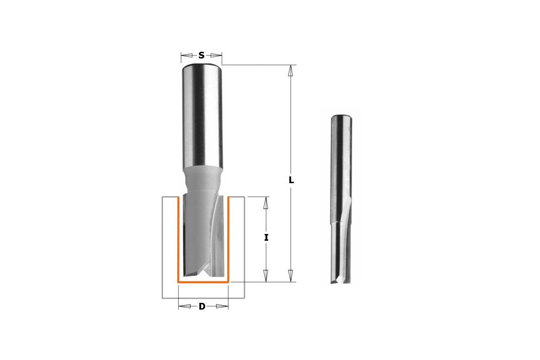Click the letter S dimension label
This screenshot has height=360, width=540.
click(201, 55)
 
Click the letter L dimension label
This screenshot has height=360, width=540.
click(291, 180)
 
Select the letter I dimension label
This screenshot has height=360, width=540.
click(266, 238)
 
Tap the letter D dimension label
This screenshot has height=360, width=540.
click(202, 306)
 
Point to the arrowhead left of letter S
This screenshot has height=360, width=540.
click(187, 55)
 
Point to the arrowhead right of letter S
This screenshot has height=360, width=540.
click(216, 55)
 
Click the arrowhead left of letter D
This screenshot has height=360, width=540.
click(184, 306)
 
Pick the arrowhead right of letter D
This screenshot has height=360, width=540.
click(222, 306)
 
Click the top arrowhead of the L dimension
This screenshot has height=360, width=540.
click(291, 71)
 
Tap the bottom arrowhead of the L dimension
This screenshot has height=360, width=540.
click(291, 276)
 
